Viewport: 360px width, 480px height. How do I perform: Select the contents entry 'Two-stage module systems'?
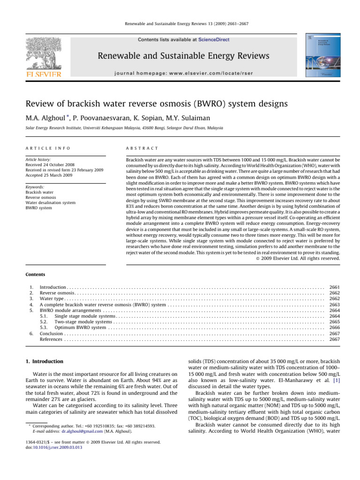[83, 322]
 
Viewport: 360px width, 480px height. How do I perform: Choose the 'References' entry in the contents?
[51, 339]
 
